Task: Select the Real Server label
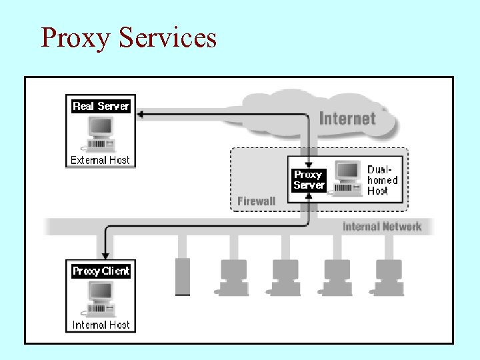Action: coord(101,106)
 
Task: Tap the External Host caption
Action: coord(101,160)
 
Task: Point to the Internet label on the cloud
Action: coord(347,119)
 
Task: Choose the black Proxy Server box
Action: coord(309,180)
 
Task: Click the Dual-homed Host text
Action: coord(382,180)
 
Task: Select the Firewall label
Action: coord(256,201)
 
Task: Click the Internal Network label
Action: coord(382,227)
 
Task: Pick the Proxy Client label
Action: coord(101,271)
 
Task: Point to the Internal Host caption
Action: coord(101,325)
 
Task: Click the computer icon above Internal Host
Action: coord(101,300)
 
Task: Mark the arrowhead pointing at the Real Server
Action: coord(141,115)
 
